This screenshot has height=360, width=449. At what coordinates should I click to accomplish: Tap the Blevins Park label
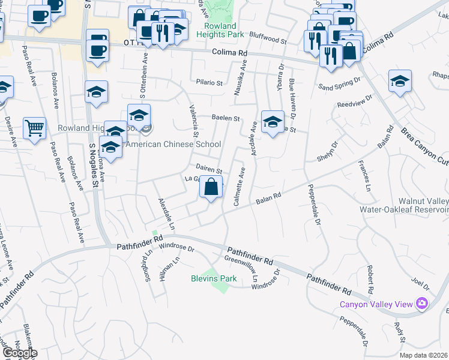(214, 278)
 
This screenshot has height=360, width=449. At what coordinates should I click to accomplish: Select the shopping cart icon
(34, 127)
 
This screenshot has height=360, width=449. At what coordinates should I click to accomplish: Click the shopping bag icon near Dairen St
(211, 188)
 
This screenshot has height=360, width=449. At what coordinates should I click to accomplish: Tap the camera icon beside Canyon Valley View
(423, 304)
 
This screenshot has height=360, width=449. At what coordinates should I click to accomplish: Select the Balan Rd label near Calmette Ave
(269, 198)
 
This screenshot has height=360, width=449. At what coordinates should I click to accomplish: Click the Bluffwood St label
(268, 40)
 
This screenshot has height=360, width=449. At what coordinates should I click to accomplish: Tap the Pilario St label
(209, 83)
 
